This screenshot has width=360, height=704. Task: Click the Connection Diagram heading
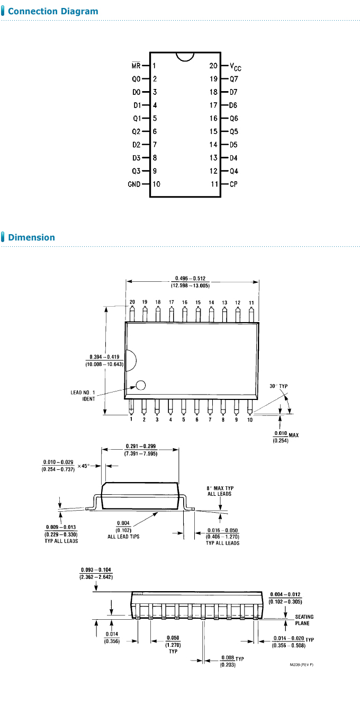(53, 11)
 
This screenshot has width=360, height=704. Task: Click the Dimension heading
(31, 237)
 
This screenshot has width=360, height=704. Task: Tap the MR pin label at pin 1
(136, 66)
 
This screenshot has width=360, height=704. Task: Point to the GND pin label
(134, 184)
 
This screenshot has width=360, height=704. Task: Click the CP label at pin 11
(233, 184)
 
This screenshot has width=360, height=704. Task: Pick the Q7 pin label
(233, 79)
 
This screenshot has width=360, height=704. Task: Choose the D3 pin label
(136, 158)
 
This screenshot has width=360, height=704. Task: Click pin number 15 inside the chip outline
(213, 131)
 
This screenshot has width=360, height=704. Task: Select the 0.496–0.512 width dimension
(190, 282)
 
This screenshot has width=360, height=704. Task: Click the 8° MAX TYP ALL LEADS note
(219, 491)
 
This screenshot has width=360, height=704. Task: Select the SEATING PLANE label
(304, 620)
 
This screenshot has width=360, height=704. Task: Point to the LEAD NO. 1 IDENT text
(83, 395)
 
